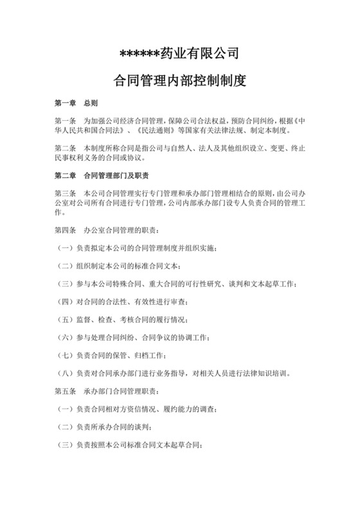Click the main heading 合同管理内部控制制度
coord(179,82)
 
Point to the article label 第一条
coord(65,121)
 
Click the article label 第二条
coord(65,148)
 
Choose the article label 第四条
coord(65,229)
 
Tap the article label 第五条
coord(65,391)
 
